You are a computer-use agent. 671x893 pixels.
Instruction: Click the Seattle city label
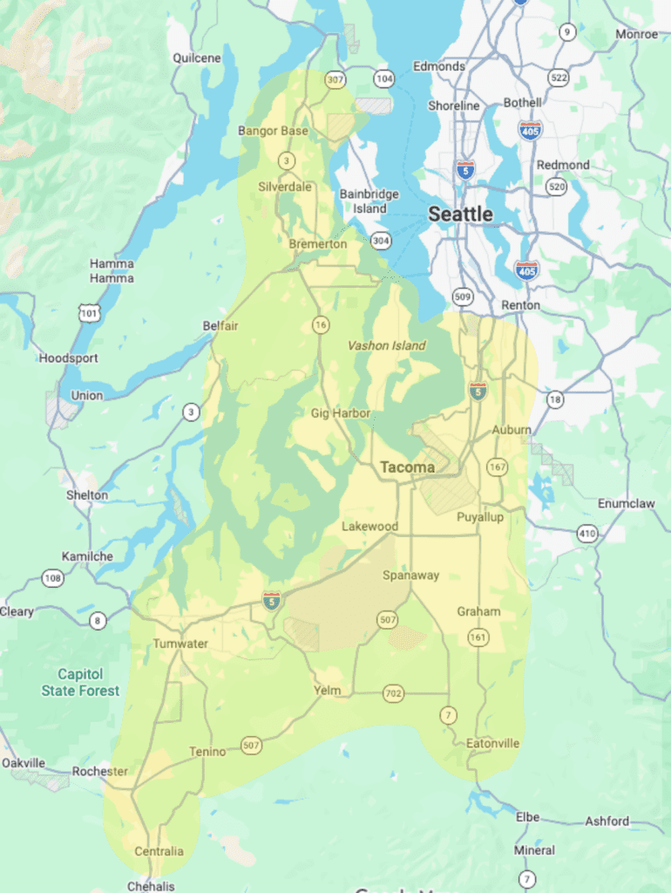click(x=460, y=214)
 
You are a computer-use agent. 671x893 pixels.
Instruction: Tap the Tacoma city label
click(x=407, y=467)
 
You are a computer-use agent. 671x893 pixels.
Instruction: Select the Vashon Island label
click(x=387, y=345)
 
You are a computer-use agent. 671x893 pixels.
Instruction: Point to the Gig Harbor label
click(x=341, y=412)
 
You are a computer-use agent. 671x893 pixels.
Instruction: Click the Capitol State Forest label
click(x=80, y=682)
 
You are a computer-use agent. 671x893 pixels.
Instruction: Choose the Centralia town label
click(x=159, y=850)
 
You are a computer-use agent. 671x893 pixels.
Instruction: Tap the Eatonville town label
click(x=492, y=743)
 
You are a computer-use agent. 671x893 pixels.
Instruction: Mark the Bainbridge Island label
click(x=369, y=201)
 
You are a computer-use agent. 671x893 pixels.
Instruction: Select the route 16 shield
click(x=321, y=324)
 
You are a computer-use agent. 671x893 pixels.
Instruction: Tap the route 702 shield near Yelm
click(x=393, y=694)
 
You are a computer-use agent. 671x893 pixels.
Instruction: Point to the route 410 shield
click(x=587, y=533)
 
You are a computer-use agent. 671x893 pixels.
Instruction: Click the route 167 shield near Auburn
click(x=498, y=467)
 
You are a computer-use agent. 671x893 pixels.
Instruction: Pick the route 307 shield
click(x=335, y=79)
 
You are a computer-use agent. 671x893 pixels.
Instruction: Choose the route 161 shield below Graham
click(x=478, y=637)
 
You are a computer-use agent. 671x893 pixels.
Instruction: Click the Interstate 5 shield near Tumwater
click(x=272, y=600)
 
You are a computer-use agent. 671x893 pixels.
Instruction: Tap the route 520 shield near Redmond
click(x=556, y=187)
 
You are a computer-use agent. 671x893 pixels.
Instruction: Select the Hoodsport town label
click(x=68, y=358)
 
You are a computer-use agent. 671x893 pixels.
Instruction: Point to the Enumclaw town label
click(x=627, y=503)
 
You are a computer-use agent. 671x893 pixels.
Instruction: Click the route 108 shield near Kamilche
click(x=52, y=577)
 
